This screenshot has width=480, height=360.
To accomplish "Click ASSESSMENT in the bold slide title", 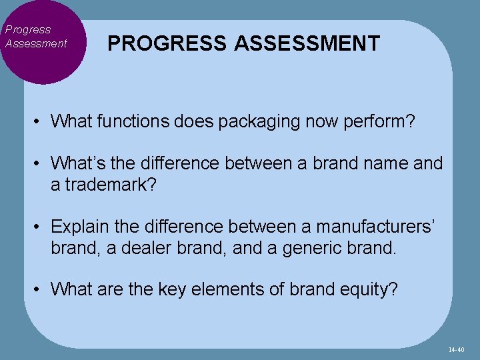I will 307,44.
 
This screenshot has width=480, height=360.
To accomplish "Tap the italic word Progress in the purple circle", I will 28,29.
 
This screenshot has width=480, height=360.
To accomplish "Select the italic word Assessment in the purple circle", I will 36,43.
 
